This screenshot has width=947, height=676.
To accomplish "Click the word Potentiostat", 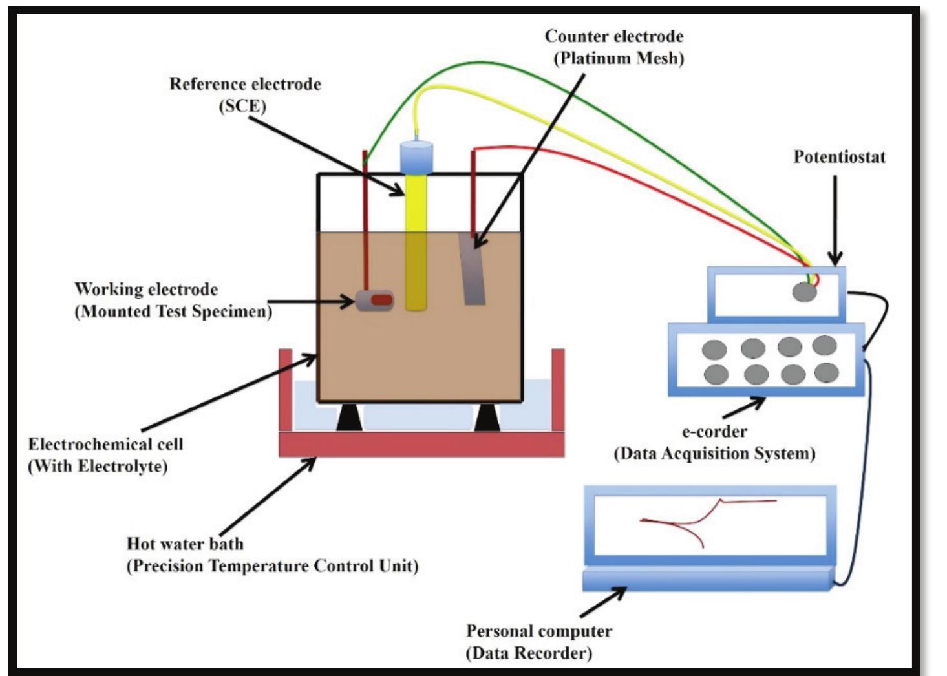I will tap(839, 157).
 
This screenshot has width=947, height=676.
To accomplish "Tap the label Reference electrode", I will tap(245, 84).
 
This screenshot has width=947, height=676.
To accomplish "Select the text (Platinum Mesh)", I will tap(619, 58).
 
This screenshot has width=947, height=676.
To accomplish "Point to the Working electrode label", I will tap(146, 289).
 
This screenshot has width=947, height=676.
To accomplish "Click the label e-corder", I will tap(714, 431).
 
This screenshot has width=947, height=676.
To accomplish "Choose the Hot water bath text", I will tap(185, 544).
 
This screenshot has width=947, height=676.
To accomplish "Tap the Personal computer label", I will tap(538, 631).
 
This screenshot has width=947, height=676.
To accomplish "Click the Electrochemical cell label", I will tap(105, 444).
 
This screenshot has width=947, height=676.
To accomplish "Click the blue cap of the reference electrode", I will tap(416, 157).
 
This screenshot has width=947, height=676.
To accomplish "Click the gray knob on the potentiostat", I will tap(804, 292).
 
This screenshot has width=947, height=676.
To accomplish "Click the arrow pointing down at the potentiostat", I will tap(835, 220).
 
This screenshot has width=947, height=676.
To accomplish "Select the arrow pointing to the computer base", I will tap(602, 602).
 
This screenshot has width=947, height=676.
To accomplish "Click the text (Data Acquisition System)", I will tap(714, 454).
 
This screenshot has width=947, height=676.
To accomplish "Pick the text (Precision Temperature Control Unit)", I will tap(272, 566).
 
